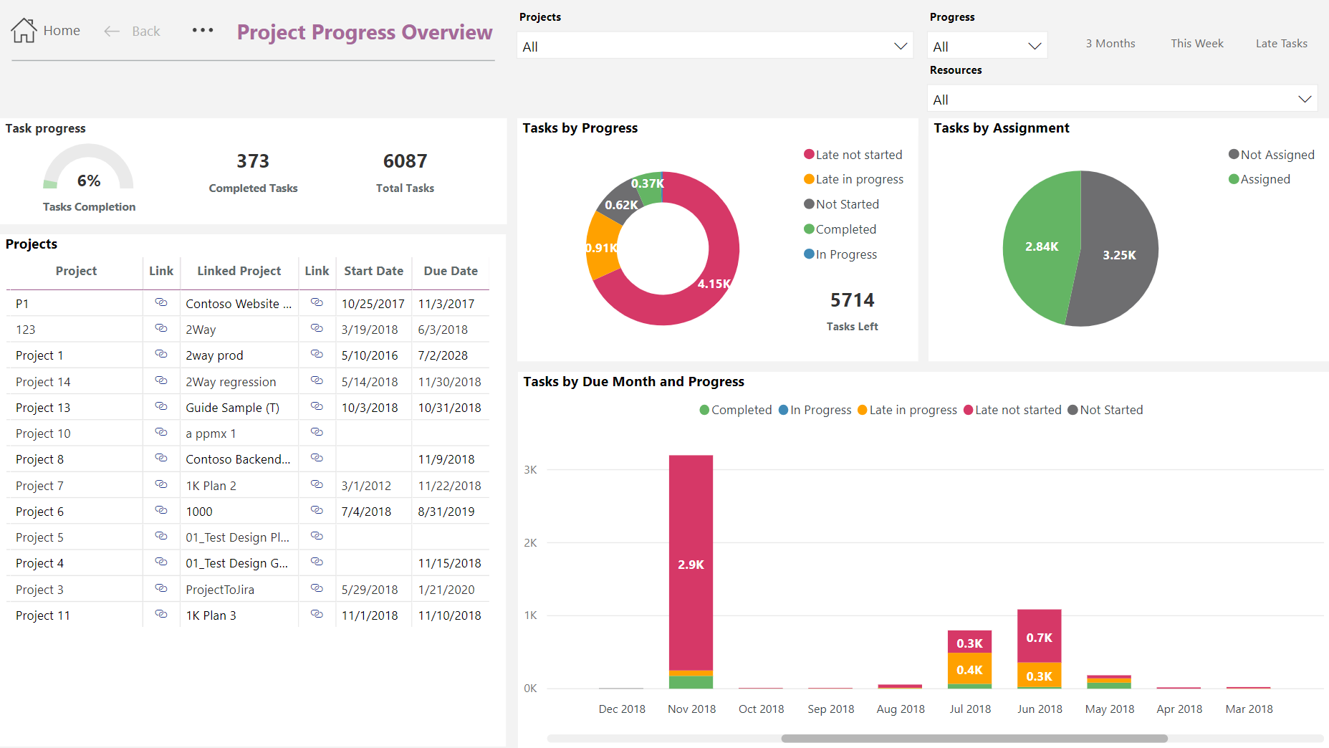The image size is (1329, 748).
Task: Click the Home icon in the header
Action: coord(24,31)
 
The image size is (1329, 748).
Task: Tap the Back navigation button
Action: coord(133,32)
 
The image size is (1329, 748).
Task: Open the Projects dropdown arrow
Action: coord(900,47)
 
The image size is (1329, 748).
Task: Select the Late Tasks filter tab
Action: coord(1281,44)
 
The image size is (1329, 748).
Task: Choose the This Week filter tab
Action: coord(1196,44)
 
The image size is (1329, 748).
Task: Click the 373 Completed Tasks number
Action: coord(253,161)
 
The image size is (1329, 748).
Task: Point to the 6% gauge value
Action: coord(89,181)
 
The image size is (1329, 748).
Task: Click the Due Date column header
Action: coord(450,271)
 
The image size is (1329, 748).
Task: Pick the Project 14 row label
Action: coord(43,382)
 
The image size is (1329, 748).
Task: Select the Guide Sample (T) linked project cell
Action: coord(232,408)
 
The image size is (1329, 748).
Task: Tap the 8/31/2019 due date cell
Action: coord(446,512)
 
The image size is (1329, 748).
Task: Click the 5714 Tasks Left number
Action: coord(852,300)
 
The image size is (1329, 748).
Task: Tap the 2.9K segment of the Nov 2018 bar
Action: coord(691,564)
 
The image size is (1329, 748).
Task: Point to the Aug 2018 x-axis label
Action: coord(901,709)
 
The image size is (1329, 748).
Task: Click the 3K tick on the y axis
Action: coord(530,470)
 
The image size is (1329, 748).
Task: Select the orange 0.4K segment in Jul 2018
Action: coord(969,670)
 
